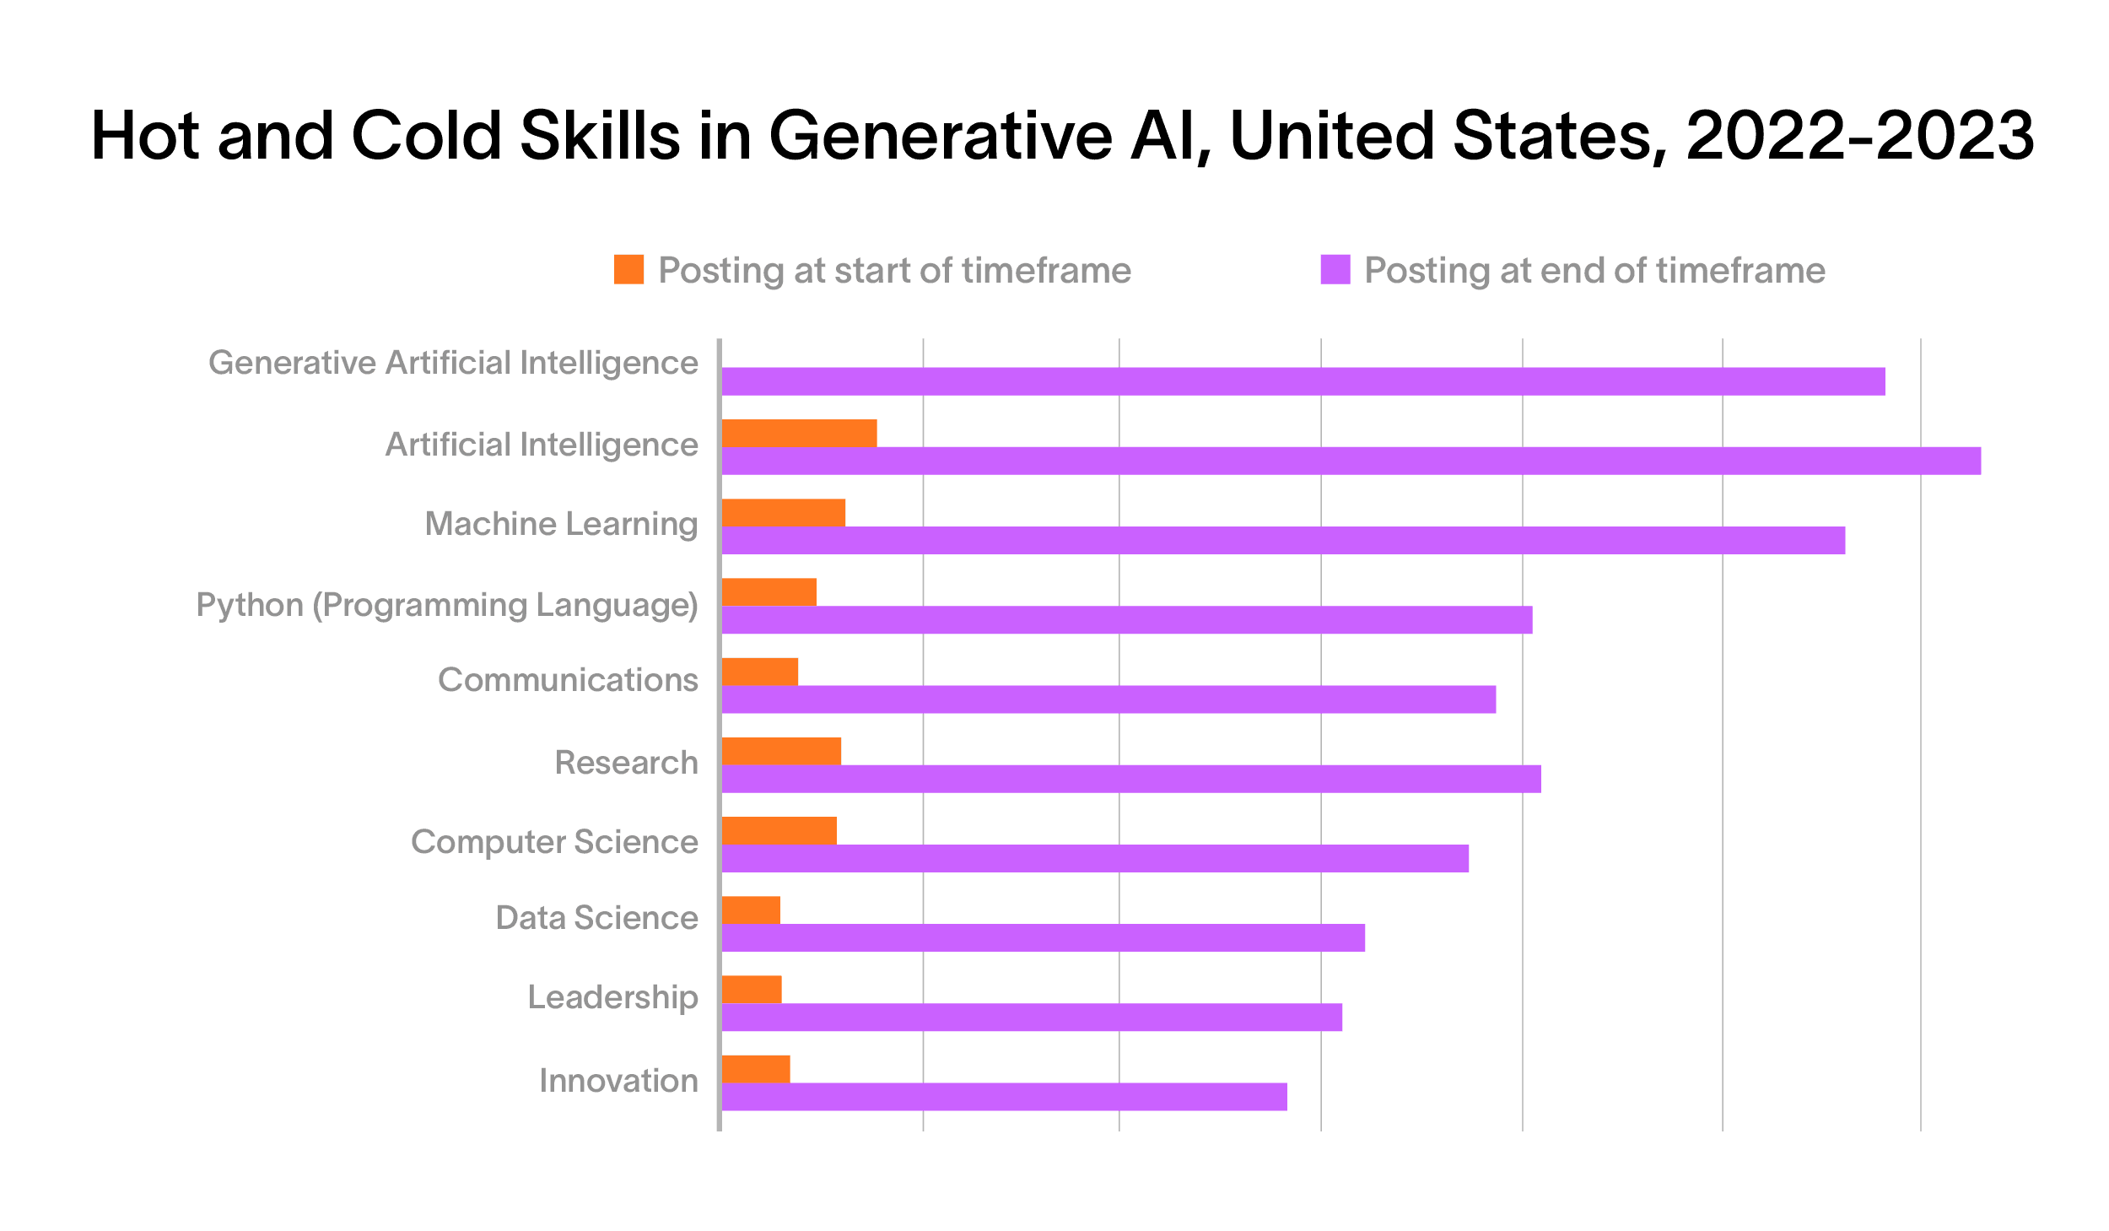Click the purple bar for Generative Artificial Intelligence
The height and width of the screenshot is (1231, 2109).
tap(1303, 381)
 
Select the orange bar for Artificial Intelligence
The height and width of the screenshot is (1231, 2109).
tap(800, 433)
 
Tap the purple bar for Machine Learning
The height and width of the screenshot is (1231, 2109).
tap(1283, 540)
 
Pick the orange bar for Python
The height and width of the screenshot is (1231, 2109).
tap(769, 591)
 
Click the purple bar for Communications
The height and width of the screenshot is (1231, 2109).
tap(1109, 699)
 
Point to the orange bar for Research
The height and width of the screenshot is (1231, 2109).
tap(782, 751)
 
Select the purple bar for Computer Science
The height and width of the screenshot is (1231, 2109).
tap(1096, 858)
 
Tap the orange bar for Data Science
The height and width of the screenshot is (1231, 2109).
tap(752, 910)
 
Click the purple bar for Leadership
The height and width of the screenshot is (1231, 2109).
tap(1033, 1017)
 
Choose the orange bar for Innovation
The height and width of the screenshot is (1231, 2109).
tap(757, 1068)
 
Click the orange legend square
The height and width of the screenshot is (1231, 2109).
tap(628, 269)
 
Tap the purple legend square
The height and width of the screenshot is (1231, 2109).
tap(1335, 269)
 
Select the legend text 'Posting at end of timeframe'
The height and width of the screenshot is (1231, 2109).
tap(1594, 271)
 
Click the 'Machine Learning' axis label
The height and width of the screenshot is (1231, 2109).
tap(562, 524)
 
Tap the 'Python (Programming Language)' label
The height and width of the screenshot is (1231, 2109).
tap(447, 605)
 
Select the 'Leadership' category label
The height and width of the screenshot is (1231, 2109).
tap(613, 997)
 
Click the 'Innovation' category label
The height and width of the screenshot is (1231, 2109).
tap(619, 1081)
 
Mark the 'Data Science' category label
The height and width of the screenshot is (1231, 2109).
tap(597, 918)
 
